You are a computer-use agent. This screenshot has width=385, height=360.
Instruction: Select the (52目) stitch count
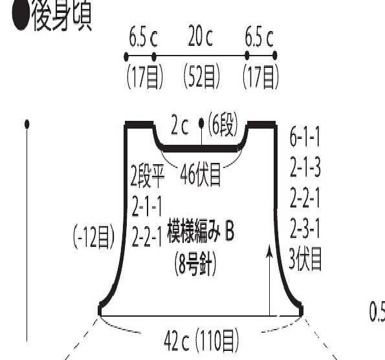click(x=201, y=76)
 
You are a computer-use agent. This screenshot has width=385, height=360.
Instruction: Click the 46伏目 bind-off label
click(x=201, y=175)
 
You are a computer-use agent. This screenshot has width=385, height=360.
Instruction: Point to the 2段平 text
click(x=148, y=176)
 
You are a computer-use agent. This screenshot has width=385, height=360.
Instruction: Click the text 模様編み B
click(x=201, y=232)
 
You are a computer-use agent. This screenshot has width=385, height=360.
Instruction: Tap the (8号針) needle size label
click(x=195, y=264)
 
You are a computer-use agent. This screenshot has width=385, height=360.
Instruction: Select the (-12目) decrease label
click(x=94, y=237)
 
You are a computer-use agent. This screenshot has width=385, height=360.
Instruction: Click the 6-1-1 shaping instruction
click(x=305, y=137)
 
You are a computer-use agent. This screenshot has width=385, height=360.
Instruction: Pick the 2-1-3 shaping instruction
click(x=305, y=167)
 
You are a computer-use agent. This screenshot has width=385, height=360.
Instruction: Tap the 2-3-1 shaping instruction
click(x=305, y=228)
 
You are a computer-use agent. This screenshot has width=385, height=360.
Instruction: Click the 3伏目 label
click(x=305, y=259)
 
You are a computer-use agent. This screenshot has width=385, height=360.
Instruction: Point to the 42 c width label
click(x=176, y=341)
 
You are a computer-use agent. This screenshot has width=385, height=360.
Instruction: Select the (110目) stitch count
click(x=217, y=341)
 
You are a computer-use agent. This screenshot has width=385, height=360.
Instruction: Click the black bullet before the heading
click(x=21, y=16)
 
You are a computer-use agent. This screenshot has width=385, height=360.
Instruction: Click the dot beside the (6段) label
click(x=201, y=123)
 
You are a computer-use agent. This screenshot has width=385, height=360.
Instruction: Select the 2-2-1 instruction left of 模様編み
click(x=147, y=236)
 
